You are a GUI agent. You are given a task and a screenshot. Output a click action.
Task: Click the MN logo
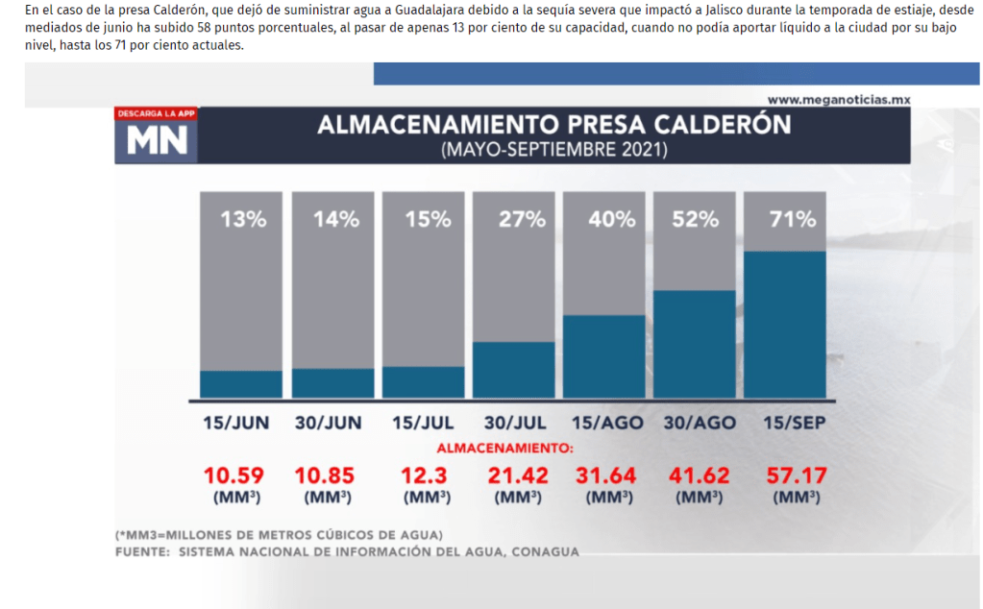[x=158, y=141]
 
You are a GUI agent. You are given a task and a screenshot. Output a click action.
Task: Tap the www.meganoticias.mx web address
[x=838, y=100]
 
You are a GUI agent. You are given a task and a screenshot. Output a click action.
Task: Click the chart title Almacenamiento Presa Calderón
[x=554, y=125]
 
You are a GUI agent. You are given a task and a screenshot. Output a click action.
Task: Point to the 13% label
[x=243, y=219]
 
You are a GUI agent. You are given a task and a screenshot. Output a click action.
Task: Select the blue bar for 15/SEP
[x=784, y=325]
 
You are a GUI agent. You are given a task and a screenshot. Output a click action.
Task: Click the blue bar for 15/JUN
[x=241, y=384]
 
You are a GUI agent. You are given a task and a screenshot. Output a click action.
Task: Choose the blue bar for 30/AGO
[x=694, y=344]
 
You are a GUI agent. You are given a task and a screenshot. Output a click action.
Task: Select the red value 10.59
[x=233, y=475]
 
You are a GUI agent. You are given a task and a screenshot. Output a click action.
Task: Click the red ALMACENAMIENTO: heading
[x=504, y=448]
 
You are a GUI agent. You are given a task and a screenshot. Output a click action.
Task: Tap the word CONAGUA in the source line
[x=546, y=551]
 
